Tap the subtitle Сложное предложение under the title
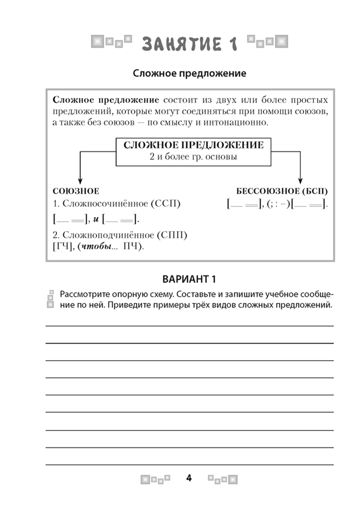pyautogui.click(x=189, y=74)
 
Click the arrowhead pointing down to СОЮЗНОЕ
pyautogui.click(x=80, y=181)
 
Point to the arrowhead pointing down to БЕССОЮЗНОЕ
pyautogui.click(x=300, y=181)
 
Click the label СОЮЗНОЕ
pyautogui.click(x=76, y=191)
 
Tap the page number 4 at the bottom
pyautogui.click(x=189, y=478)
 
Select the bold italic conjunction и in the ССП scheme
pyautogui.click(x=96, y=219)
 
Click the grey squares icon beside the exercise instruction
pyautogui.click(x=50, y=298)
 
